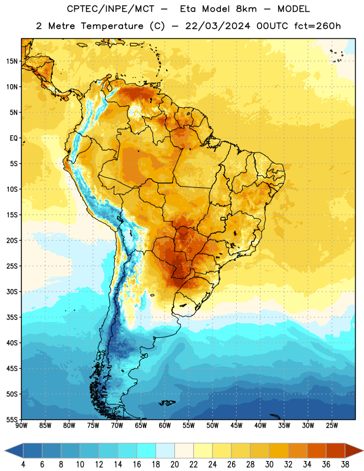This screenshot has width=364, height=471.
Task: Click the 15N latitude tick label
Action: (x=12, y=61)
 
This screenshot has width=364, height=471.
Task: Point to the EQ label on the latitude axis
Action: (x=14, y=138)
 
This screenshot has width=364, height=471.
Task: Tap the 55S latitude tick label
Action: (x=12, y=420)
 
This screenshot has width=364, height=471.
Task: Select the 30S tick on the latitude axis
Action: (x=12, y=291)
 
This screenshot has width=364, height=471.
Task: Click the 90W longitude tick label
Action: (x=21, y=426)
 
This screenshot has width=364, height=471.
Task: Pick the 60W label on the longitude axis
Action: (x=164, y=426)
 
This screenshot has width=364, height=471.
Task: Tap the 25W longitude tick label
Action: (x=332, y=426)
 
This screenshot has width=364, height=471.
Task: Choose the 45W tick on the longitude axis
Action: (x=236, y=426)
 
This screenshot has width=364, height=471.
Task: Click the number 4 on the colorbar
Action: (x=23, y=465)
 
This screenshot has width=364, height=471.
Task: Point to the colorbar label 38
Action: (x=345, y=465)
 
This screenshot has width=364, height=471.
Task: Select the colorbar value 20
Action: (x=174, y=465)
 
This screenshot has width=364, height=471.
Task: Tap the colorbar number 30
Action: (x=269, y=465)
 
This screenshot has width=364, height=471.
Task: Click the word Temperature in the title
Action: (x=112, y=26)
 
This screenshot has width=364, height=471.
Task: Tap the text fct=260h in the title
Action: (x=317, y=26)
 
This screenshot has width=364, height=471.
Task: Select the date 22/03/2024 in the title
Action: (x=217, y=26)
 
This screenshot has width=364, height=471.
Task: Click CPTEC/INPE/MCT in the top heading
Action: (x=111, y=9)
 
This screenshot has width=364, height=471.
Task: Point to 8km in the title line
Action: (x=246, y=9)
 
